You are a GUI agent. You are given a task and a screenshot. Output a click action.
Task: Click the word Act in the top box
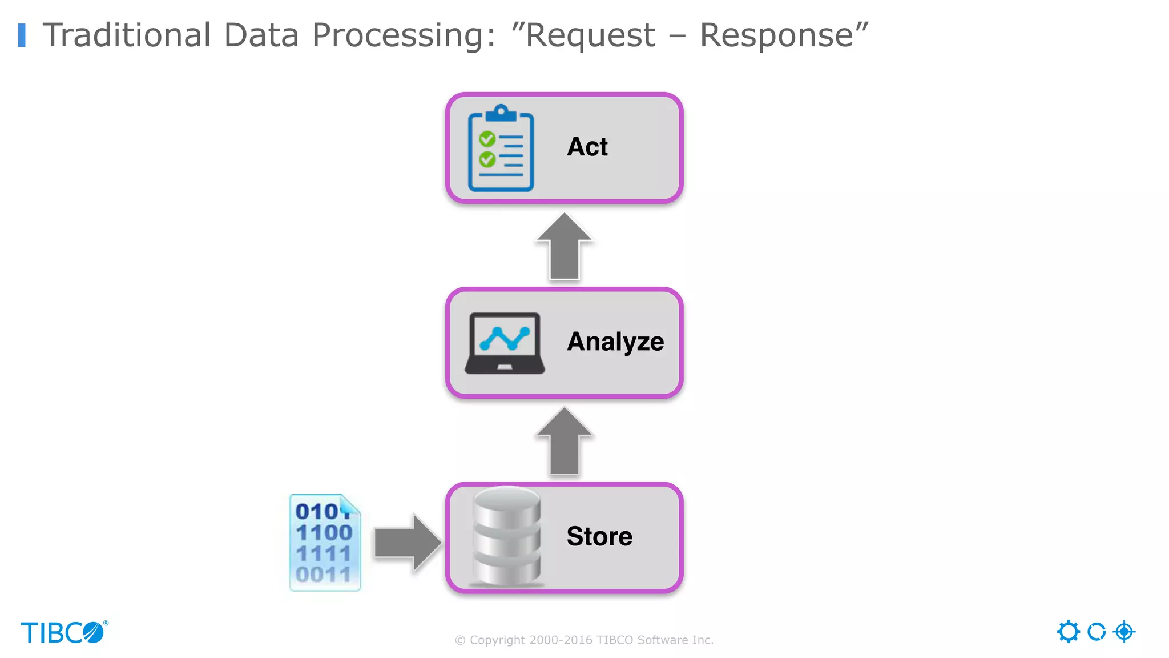(x=587, y=147)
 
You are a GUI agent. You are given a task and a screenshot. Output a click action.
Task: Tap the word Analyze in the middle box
(x=615, y=342)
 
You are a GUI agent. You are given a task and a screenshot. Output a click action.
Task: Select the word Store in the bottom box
(x=599, y=536)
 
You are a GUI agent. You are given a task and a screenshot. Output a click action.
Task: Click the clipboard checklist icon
(x=501, y=149)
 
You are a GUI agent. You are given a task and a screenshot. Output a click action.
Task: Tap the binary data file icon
(x=325, y=543)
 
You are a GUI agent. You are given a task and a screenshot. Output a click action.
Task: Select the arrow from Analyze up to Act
(x=564, y=247)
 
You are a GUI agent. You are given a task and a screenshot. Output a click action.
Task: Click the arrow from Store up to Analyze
(x=564, y=442)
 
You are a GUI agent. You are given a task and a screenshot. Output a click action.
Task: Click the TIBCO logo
(x=64, y=632)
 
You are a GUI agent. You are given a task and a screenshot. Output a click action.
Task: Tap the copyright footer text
(x=584, y=640)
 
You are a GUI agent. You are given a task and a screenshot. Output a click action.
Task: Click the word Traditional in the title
(x=127, y=35)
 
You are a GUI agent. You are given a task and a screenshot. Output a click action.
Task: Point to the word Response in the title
(x=776, y=35)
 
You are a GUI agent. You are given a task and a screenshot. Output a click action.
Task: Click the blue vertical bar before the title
(x=22, y=35)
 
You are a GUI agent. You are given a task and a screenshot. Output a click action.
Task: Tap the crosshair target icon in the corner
(x=1124, y=632)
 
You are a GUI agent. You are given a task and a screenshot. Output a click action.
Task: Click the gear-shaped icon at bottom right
(x=1068, y=632)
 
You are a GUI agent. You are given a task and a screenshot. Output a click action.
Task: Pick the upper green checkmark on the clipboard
(x=487, y=139)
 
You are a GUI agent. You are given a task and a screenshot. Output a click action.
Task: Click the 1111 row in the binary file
(x=323, y=553)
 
